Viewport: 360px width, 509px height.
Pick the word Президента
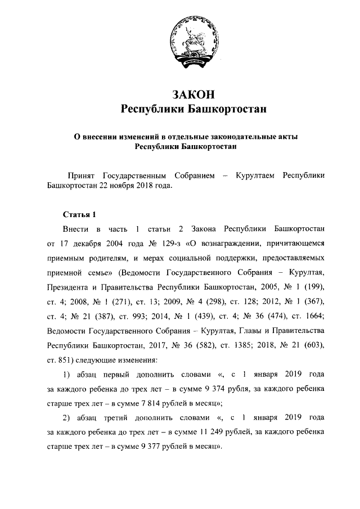tap(70, 289)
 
